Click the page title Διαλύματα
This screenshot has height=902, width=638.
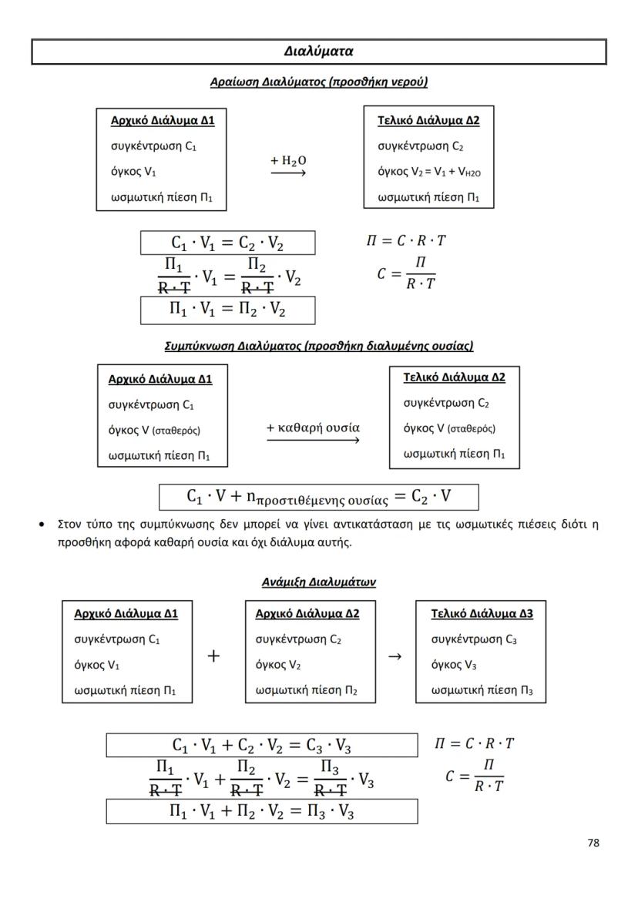[x=318, y=52]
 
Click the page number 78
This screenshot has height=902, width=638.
[x=593, y=843]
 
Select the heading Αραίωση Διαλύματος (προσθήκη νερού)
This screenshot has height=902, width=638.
[x=318, y=82]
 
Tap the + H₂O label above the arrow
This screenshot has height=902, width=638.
[x=288, y=160]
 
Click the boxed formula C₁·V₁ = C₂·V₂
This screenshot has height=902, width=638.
[x=227, y=243]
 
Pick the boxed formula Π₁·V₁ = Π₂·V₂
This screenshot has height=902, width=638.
[x=227, y=310]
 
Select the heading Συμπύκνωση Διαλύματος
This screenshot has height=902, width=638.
[x=318, y=346]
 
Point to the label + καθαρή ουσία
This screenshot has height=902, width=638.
[x=313, y=428]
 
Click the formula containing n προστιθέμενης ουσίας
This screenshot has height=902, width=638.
[x=318, y=497]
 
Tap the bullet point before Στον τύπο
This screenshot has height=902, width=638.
[x=41, y=525]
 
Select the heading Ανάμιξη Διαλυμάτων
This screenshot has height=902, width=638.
[x=318, y=582]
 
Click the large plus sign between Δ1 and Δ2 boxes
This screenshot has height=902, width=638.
[x=213, y=656]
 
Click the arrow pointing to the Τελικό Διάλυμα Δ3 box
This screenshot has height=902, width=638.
[x=395, y=656]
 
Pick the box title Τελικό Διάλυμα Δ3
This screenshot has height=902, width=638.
[x=482, y=614]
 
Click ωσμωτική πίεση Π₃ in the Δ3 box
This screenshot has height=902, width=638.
[x=481, y=691]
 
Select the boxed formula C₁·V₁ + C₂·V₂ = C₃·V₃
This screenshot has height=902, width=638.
[x=262, y=746]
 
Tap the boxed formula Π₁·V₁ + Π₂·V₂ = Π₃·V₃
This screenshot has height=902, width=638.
[x=262, y=811]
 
